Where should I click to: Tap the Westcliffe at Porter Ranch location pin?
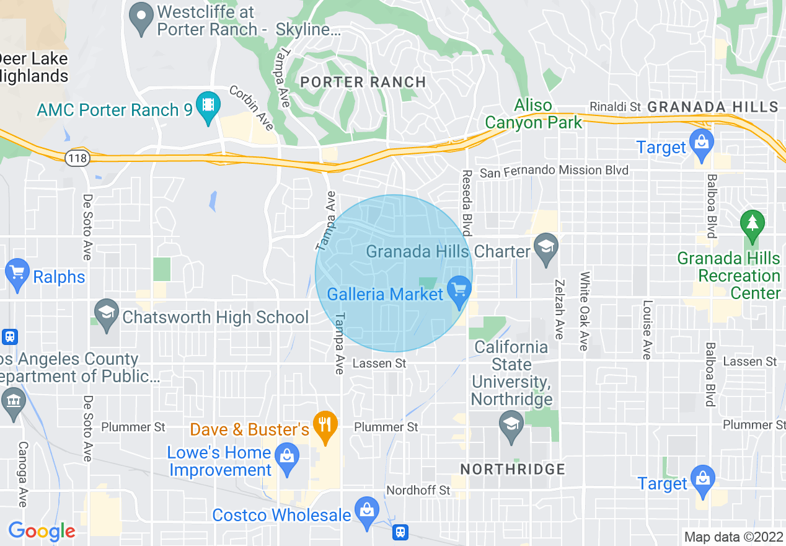(143, 20)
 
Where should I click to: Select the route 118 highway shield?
(78, 159)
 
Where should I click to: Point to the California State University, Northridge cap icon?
(511, 427)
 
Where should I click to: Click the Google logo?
(42, 531)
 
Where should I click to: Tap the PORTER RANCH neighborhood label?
(363, 82)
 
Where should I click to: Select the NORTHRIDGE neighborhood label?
(513, 469)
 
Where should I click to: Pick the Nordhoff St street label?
(418, 490)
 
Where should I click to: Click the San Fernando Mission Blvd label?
(554, 171)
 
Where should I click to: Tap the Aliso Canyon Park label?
(533, 114)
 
